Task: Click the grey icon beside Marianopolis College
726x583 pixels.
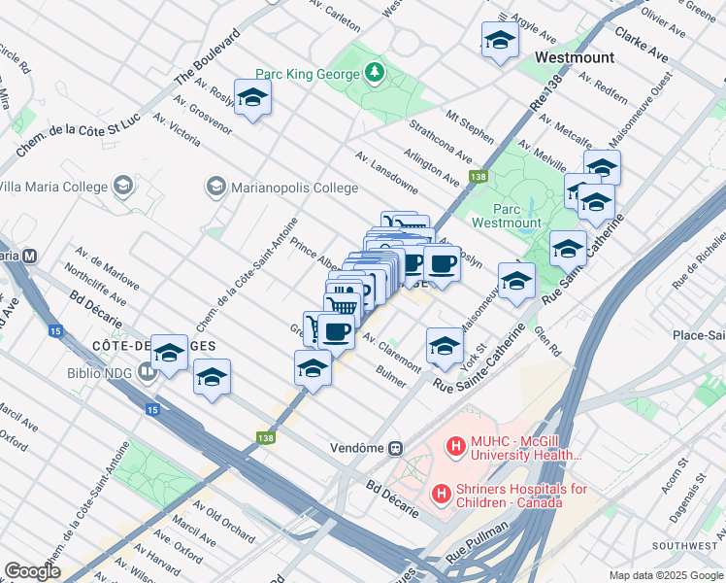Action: (214, 186)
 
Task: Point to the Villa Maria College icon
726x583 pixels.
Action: (122, 184)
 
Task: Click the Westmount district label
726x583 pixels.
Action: (576, 57)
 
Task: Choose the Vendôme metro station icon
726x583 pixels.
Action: (396, 448)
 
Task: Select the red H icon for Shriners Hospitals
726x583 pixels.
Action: (442, 495)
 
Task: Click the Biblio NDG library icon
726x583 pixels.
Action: (147, 369)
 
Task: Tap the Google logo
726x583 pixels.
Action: (33, 571)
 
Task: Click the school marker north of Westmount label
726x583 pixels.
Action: (500, 41)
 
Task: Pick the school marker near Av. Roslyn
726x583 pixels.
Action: (252, 98)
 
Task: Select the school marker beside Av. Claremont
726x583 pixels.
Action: (445, 346)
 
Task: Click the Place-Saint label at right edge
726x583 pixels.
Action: (700, 334)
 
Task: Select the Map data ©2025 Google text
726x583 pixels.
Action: (665, 575)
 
